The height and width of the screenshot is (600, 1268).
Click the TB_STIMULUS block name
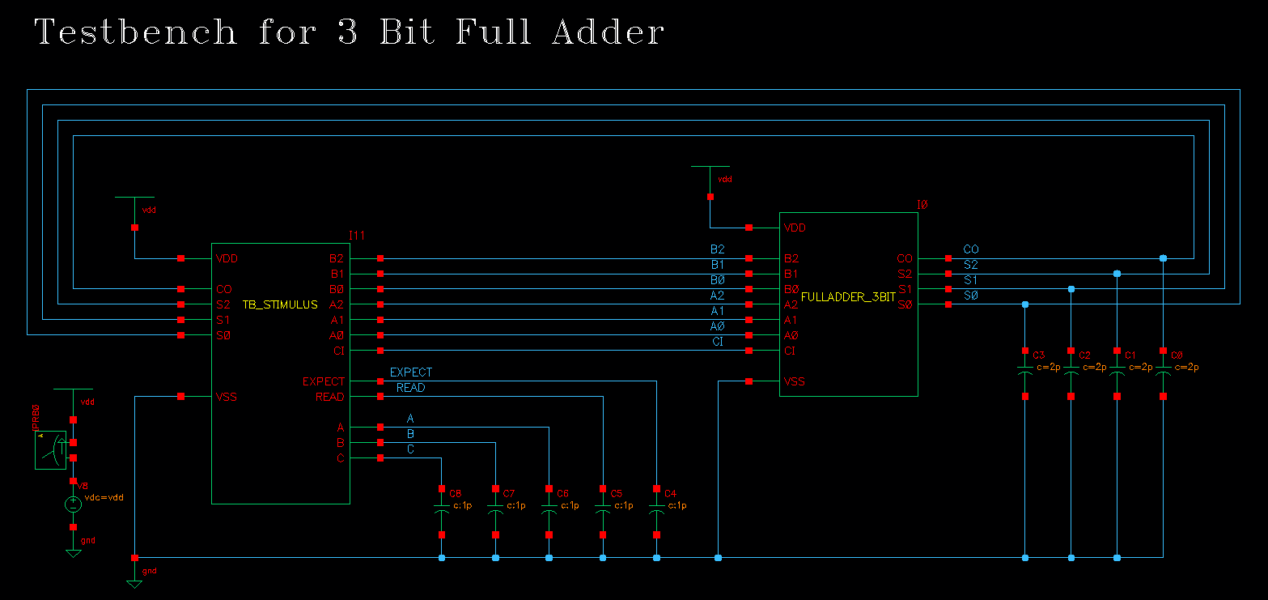(280, 304)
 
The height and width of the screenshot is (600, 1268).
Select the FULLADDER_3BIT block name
(848, 297)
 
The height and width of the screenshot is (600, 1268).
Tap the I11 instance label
(357, 235)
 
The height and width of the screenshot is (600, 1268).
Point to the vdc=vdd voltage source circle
(73, 504)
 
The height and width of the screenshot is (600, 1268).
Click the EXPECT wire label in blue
(411, 372)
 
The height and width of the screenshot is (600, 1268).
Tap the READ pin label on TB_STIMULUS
(329, 397)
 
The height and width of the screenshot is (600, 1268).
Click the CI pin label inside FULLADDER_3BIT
(791, 351)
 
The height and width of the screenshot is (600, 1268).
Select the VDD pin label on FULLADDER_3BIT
(795, 228)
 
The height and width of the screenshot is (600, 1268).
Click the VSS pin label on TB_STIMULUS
(227, 397)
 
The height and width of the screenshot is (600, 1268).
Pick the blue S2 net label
(970, 265)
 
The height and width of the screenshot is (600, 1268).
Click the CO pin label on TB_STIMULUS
(224, 289)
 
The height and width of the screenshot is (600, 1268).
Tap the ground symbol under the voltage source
(73, 553)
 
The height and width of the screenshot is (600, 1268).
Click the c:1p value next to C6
(570, 505)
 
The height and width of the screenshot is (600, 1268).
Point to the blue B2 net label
(717, 249)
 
